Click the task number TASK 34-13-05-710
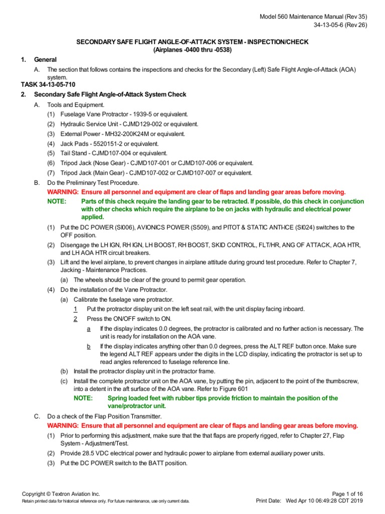[48, 85]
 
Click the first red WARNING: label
[63, 192]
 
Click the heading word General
[45, 60]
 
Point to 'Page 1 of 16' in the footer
[349, 494]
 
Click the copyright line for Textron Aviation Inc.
[61, 494]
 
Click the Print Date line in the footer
[310, 501]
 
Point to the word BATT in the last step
[149, 463]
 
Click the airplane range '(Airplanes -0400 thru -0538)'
[192, 50]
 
